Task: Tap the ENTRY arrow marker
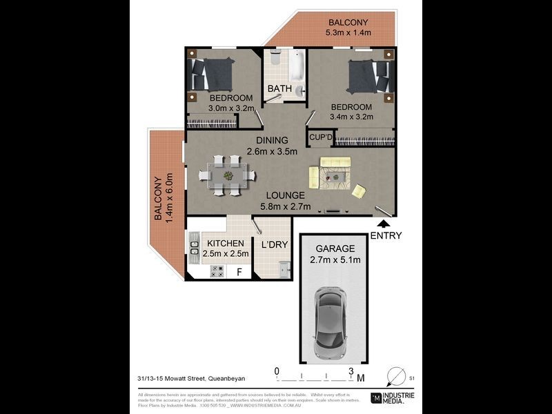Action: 384,223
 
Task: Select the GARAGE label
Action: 335,248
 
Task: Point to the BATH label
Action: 279,88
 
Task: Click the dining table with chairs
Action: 228,175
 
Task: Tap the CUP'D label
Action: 322,138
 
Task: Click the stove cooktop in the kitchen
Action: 217,271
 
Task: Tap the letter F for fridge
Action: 239,272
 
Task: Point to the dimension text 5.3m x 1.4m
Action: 348,32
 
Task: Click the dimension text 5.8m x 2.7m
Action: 285,206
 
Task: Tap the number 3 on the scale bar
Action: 351,371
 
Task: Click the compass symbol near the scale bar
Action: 397,377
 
